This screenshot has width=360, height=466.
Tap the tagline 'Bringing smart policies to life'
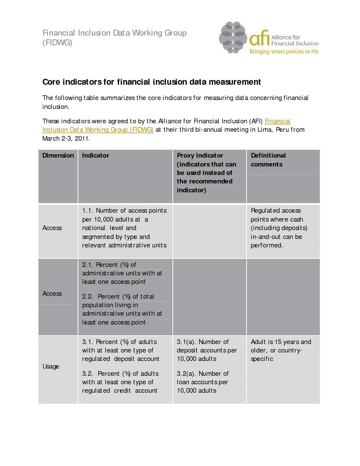pyautogui.click(x=284, y=52)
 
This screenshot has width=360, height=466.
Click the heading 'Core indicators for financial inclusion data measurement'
pyautogui.click(x=152, y=82)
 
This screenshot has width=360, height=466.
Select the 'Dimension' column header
pyautogui.click(x=58, y=155)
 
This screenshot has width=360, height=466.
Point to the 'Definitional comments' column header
pyautogui.click(x=268, y=160)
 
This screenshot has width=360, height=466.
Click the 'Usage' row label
pyautogui.click(x=51, y=366)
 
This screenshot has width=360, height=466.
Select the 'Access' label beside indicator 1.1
pyautogui.click(x=52, y=228)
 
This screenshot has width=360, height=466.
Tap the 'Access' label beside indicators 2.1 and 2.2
pyautogui.click(x=52, y=294)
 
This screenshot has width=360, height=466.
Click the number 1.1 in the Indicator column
pyautogui.click(x=87, y=211)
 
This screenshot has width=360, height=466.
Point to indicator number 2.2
pyautogui.click(x=87, y=297)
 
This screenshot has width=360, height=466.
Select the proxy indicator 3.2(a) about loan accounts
pyautogui.click(x=202, y=382)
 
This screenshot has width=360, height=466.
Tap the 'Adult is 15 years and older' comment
pyautogui.click(x=281, y=350)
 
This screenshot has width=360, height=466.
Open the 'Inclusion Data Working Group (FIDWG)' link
pyautogui.click(x=98, y=130)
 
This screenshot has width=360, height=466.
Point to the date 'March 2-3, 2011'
pyautogui.click(x=66, y=139)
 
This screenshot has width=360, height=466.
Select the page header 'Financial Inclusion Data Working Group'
pyautogui.click(x=114, y=33)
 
